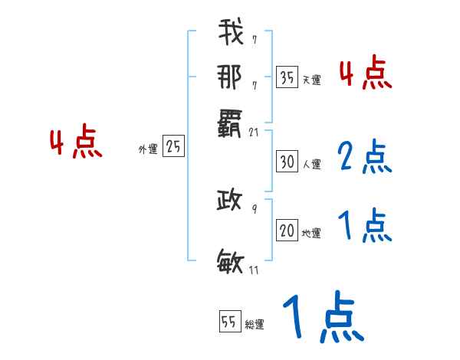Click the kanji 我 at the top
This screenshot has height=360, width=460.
[230, 34]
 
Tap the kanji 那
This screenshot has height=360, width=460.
[230, 77]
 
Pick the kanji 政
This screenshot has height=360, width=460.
[230, 201]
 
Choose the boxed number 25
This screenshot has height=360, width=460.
[173, 147]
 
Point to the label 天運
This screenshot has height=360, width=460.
[311, 80]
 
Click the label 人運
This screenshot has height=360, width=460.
[311, 164]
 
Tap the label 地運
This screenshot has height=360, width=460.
[311, 234]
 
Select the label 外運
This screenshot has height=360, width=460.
[148, 149]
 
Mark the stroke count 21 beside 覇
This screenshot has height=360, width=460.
[255, 133]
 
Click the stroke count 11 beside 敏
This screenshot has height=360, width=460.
[255, 270]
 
